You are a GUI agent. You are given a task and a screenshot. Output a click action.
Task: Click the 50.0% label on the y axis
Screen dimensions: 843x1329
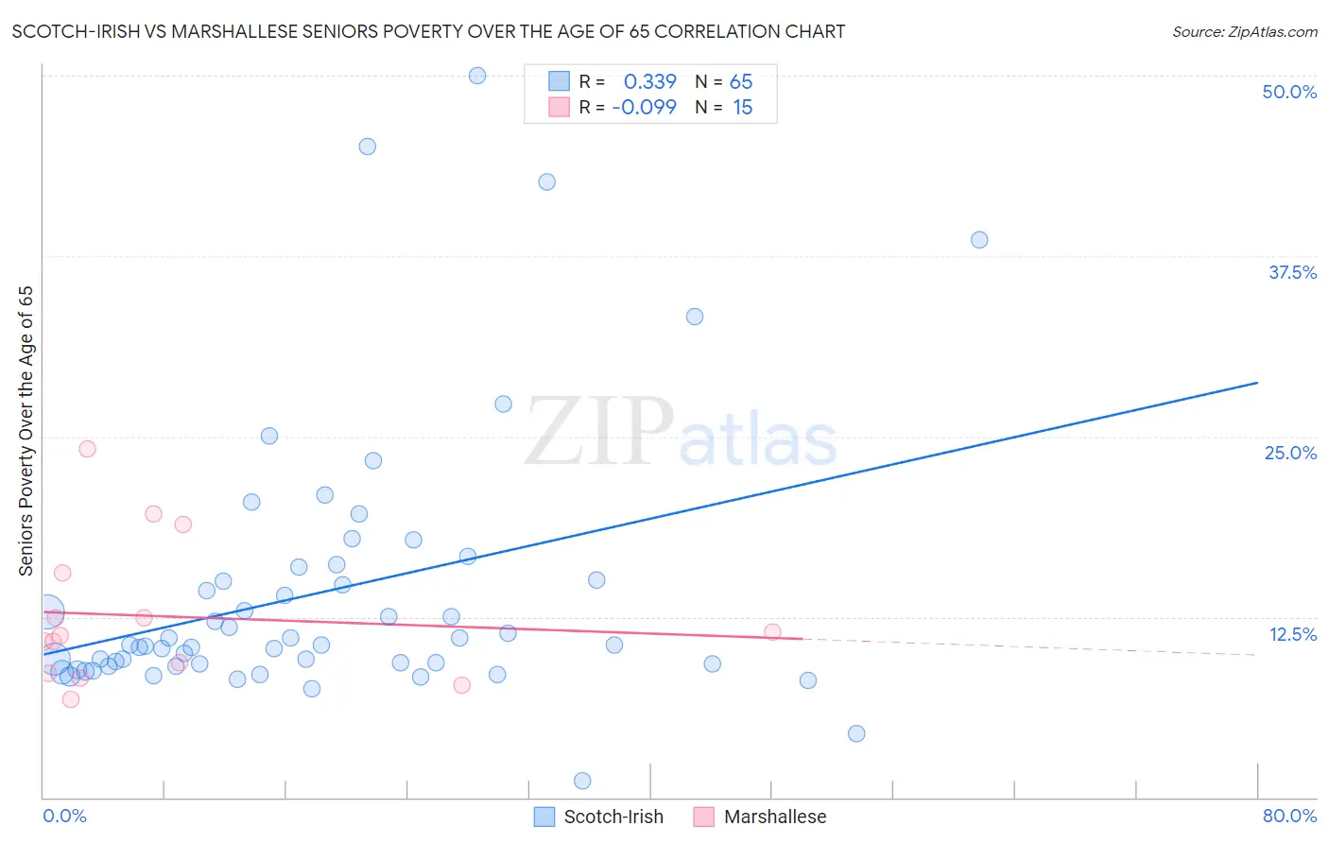pos(1289,92)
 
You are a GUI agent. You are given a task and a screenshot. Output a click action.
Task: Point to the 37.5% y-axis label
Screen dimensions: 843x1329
pos(1292,272)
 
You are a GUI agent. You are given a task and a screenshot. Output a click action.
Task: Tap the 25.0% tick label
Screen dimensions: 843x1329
pos(1290,453)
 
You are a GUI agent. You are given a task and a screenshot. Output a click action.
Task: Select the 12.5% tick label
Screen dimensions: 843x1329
pos(1292,634)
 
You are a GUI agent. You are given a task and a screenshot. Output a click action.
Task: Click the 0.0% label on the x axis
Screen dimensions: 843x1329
pos(64,816)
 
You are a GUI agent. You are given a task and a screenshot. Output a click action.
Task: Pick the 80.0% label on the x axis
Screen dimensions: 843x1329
pos(1289,816)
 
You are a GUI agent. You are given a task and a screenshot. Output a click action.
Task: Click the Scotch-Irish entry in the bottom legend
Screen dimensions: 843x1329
pos(613,817)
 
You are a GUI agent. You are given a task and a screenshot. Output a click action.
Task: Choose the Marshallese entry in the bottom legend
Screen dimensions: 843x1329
pos(774,817)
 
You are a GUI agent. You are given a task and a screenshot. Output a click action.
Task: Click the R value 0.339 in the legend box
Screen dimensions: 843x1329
pos(649,81)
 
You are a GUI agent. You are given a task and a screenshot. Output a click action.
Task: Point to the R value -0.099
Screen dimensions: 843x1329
pos(644,107)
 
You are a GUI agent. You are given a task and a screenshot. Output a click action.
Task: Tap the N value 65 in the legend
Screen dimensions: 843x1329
pos(741,81)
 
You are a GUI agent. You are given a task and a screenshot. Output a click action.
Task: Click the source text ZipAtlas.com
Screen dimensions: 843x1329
pos(1244,31)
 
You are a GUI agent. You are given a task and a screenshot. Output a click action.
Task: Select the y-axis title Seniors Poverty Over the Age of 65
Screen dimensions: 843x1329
pos(26,431)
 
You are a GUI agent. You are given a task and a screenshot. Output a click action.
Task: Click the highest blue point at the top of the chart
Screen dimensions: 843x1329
pos(477,76)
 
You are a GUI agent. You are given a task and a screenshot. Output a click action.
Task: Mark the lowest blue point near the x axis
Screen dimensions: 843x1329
pos(582,781)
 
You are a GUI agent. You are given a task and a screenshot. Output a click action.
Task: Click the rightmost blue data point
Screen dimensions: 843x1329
pos(979,240)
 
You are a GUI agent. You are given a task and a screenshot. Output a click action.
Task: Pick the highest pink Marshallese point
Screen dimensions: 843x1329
pos(87,449)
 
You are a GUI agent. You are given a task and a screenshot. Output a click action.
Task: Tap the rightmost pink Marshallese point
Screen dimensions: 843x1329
pos(772,632)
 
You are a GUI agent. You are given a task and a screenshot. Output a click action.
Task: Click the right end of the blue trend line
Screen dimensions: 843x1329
pos(1257,383)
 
